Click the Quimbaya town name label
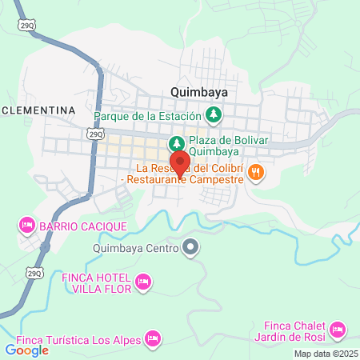coord(199,92)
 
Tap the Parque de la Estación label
coord(149,115)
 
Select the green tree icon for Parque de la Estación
coord(214,115)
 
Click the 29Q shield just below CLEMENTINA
coord(97,134)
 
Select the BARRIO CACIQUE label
coord(82,226)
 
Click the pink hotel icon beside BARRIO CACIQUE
coord(26,226)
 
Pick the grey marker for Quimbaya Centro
coord(190,248)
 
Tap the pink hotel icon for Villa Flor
coord(144,281)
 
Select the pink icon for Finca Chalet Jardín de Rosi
coord(337,329)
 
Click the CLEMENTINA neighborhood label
coord(38,109)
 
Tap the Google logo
coord(26,350)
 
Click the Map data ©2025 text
coord(326,354)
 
